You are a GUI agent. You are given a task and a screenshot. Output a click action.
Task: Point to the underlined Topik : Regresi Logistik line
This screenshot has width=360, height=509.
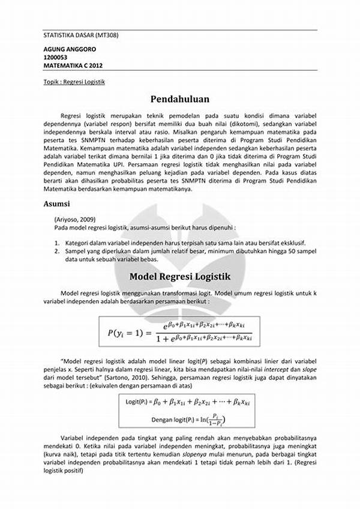pos(74,82)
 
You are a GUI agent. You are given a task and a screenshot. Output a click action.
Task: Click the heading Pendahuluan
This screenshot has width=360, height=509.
pos(180,98)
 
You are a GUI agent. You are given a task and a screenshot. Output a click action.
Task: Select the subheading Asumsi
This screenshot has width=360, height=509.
pos(56,204)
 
